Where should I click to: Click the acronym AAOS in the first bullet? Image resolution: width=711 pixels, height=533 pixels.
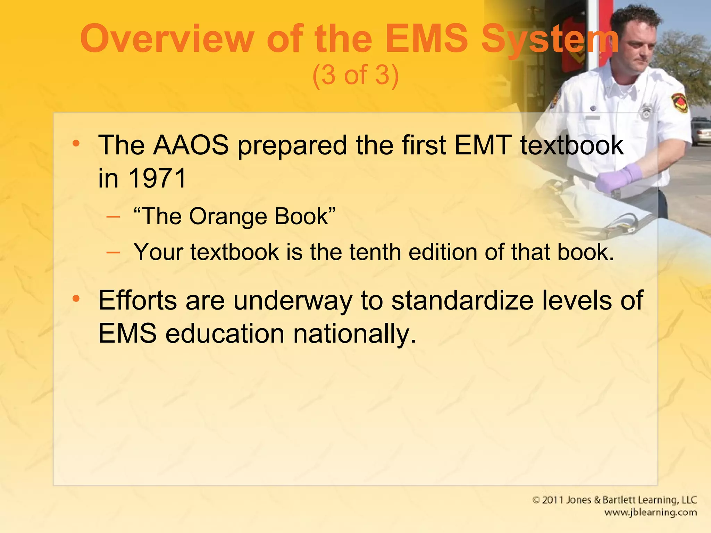click(191, 145)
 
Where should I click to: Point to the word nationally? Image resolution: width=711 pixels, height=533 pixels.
click(354, 334)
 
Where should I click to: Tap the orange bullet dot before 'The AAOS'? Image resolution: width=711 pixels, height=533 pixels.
click(76, 143)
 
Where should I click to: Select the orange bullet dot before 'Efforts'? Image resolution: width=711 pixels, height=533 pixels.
click(76, 298)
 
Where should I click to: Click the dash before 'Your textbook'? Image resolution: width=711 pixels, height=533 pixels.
click(113, 252)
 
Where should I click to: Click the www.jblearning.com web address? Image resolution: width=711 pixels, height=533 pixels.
click(651, 513)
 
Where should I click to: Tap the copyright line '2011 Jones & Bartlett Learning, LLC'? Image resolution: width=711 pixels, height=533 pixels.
click(614, 500)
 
